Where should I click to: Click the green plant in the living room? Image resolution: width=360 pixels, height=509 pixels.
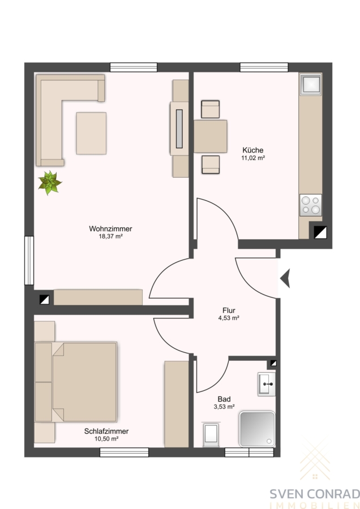[x=50, y=183]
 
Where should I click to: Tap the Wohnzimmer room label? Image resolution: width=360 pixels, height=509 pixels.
[x=110, y=229]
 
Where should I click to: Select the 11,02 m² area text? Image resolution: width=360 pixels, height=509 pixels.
[x=253, y=158]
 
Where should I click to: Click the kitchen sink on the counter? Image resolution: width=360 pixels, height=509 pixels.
[x=311, y=84]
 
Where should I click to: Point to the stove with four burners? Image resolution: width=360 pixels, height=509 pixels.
[x=311, y=205]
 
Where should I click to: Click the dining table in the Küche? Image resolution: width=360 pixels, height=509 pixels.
[x=210, y=136]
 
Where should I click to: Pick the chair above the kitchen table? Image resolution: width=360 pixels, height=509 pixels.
[x=210, y=109]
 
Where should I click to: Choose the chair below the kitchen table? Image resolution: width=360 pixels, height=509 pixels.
[x=210, y=165]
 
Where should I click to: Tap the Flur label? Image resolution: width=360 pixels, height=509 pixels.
[x=229, y=310]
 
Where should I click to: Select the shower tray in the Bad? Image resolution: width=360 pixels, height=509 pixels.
[x=257, y=429]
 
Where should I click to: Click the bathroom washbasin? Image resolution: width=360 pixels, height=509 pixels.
[x=267, y=385]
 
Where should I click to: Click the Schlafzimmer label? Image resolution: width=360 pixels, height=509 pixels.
[x=106, y=432]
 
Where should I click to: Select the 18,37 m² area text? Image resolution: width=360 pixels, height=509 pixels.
[x=110, y=236]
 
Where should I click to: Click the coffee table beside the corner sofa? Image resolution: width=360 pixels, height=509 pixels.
[x=91, y=133]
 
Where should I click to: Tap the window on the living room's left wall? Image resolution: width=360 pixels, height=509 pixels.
[x=29, y=260]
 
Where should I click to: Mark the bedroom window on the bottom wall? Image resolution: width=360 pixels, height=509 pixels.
[x=124, y=452]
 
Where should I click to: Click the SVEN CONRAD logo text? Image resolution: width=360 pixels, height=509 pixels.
[x=315, y=494]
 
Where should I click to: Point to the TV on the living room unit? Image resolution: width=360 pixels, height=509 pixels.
[x=179, y=129]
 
